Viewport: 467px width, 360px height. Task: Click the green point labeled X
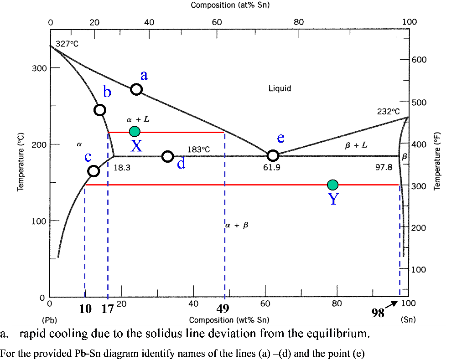(x=135, y=132)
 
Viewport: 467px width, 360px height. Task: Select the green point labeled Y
(x=333, y=185)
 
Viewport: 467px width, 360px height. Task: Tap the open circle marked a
(x=136, y=89)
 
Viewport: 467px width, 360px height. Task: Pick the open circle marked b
(x=100, y=110)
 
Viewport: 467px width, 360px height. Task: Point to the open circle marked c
(x=93, y=171)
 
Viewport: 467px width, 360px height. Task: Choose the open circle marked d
(x=168, y=156)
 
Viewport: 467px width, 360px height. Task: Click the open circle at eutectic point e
(x=273, y=155)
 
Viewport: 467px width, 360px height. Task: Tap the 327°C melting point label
(x=67, y=44)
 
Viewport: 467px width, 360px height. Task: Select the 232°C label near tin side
(x=388, y=111)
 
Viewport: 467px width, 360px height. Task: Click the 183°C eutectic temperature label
(x=198, y=149)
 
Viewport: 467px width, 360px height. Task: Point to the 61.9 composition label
(x=271, y=167)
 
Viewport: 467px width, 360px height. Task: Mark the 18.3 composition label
(x=122, y=167)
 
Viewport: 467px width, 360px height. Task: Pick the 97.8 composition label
(x=384, y=167)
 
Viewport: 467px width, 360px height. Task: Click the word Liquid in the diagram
(x=280, y=88)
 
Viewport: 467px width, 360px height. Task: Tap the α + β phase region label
(x=237, y=225)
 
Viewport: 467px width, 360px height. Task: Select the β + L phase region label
(x=356, y=145)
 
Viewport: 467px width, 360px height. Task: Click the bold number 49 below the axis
(x=223, y=309)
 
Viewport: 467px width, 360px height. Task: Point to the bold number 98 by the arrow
(x=378, y=313)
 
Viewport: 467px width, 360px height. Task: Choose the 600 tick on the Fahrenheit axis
(x=420, y=60)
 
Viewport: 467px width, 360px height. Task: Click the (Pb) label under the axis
(x=49, y=320)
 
